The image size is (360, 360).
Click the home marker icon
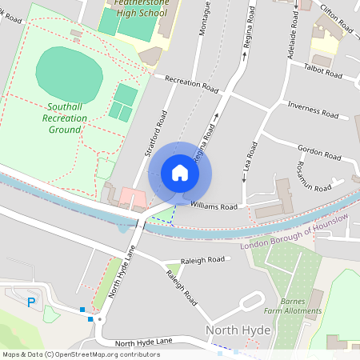tap(180, 173)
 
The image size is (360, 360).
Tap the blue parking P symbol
tap(31, 302)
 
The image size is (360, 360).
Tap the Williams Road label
tap(214, 206)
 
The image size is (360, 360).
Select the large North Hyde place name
tap(238, 330)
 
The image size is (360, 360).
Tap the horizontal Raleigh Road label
tap(205, 260)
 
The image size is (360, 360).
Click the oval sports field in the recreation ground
tap(70, 70)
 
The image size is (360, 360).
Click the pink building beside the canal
tap(133, 197)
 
